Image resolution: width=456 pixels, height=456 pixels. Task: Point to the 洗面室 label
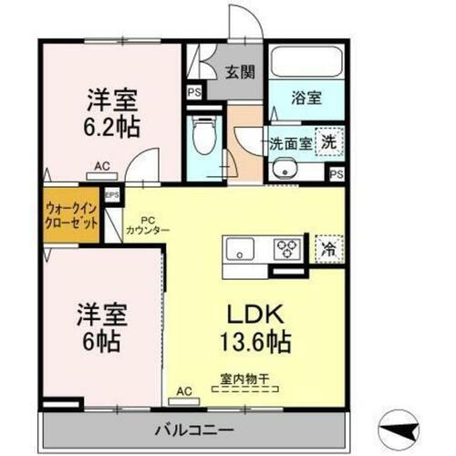[x=290, y=142]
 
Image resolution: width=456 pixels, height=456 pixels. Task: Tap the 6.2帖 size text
[x=113, y=128]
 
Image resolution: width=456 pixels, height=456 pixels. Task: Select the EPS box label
[x=113, y=194]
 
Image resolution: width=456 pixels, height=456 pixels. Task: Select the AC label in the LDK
[x=184, y=390]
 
